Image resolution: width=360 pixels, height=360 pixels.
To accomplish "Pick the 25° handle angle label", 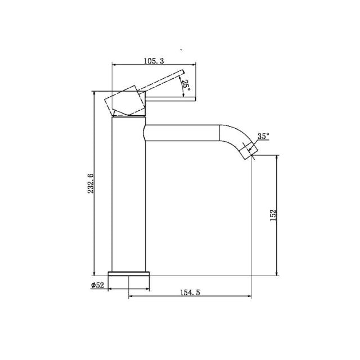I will tap(186, 85).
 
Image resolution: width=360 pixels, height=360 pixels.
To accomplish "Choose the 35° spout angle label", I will tap(263, 136).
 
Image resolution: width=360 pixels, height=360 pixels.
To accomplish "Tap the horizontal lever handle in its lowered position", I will tap(172, 99).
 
